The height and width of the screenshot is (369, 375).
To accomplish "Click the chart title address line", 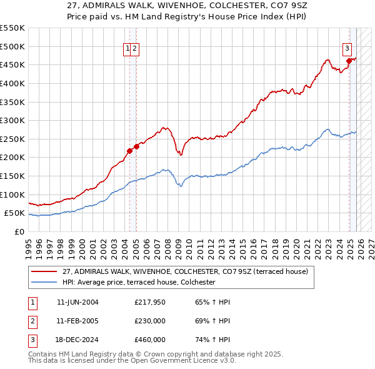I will [x=187, y=6].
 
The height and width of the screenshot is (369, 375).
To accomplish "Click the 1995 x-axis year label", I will [x=29, y=242].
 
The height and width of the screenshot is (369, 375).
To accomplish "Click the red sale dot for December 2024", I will [x=349, y=61].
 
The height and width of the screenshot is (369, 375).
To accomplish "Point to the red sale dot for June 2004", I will [x=129, y=150].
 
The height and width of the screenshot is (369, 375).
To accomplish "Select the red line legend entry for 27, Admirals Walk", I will [x=185, y=272].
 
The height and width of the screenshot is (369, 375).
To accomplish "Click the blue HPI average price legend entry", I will [x=138, y=283].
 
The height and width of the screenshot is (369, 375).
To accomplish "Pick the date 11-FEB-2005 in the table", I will [x=77, y=321].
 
